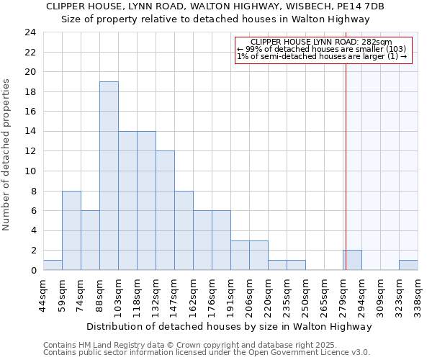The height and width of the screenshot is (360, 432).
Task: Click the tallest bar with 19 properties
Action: pyautogui.click(x=109, y=176)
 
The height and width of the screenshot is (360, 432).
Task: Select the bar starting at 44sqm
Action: pyautogui.click(x=53, y=265)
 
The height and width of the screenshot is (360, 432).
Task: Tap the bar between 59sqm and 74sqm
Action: pyautogui.click(x=71, y=230)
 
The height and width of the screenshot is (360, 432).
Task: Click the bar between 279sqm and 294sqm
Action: pyautogui.click(x=352, y=260)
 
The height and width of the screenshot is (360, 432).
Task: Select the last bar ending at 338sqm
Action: pyautogui.click(x=408, y=265)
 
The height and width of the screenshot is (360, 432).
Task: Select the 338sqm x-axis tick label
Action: pyautogui.click(x=418, y=293)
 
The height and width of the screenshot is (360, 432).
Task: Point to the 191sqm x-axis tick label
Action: pyautogui.click(x=230, y=293)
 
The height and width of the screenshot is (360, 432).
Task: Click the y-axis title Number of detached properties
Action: pyautogui.click(x=7, y=155)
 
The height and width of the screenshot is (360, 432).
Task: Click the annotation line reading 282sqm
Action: pyautogui.click(x=322, y=42)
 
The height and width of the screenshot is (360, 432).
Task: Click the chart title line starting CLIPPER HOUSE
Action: pyautogui.click(x=215, y=6)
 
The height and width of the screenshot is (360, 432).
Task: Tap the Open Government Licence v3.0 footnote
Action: pyautogui.click(x=207, y=352)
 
